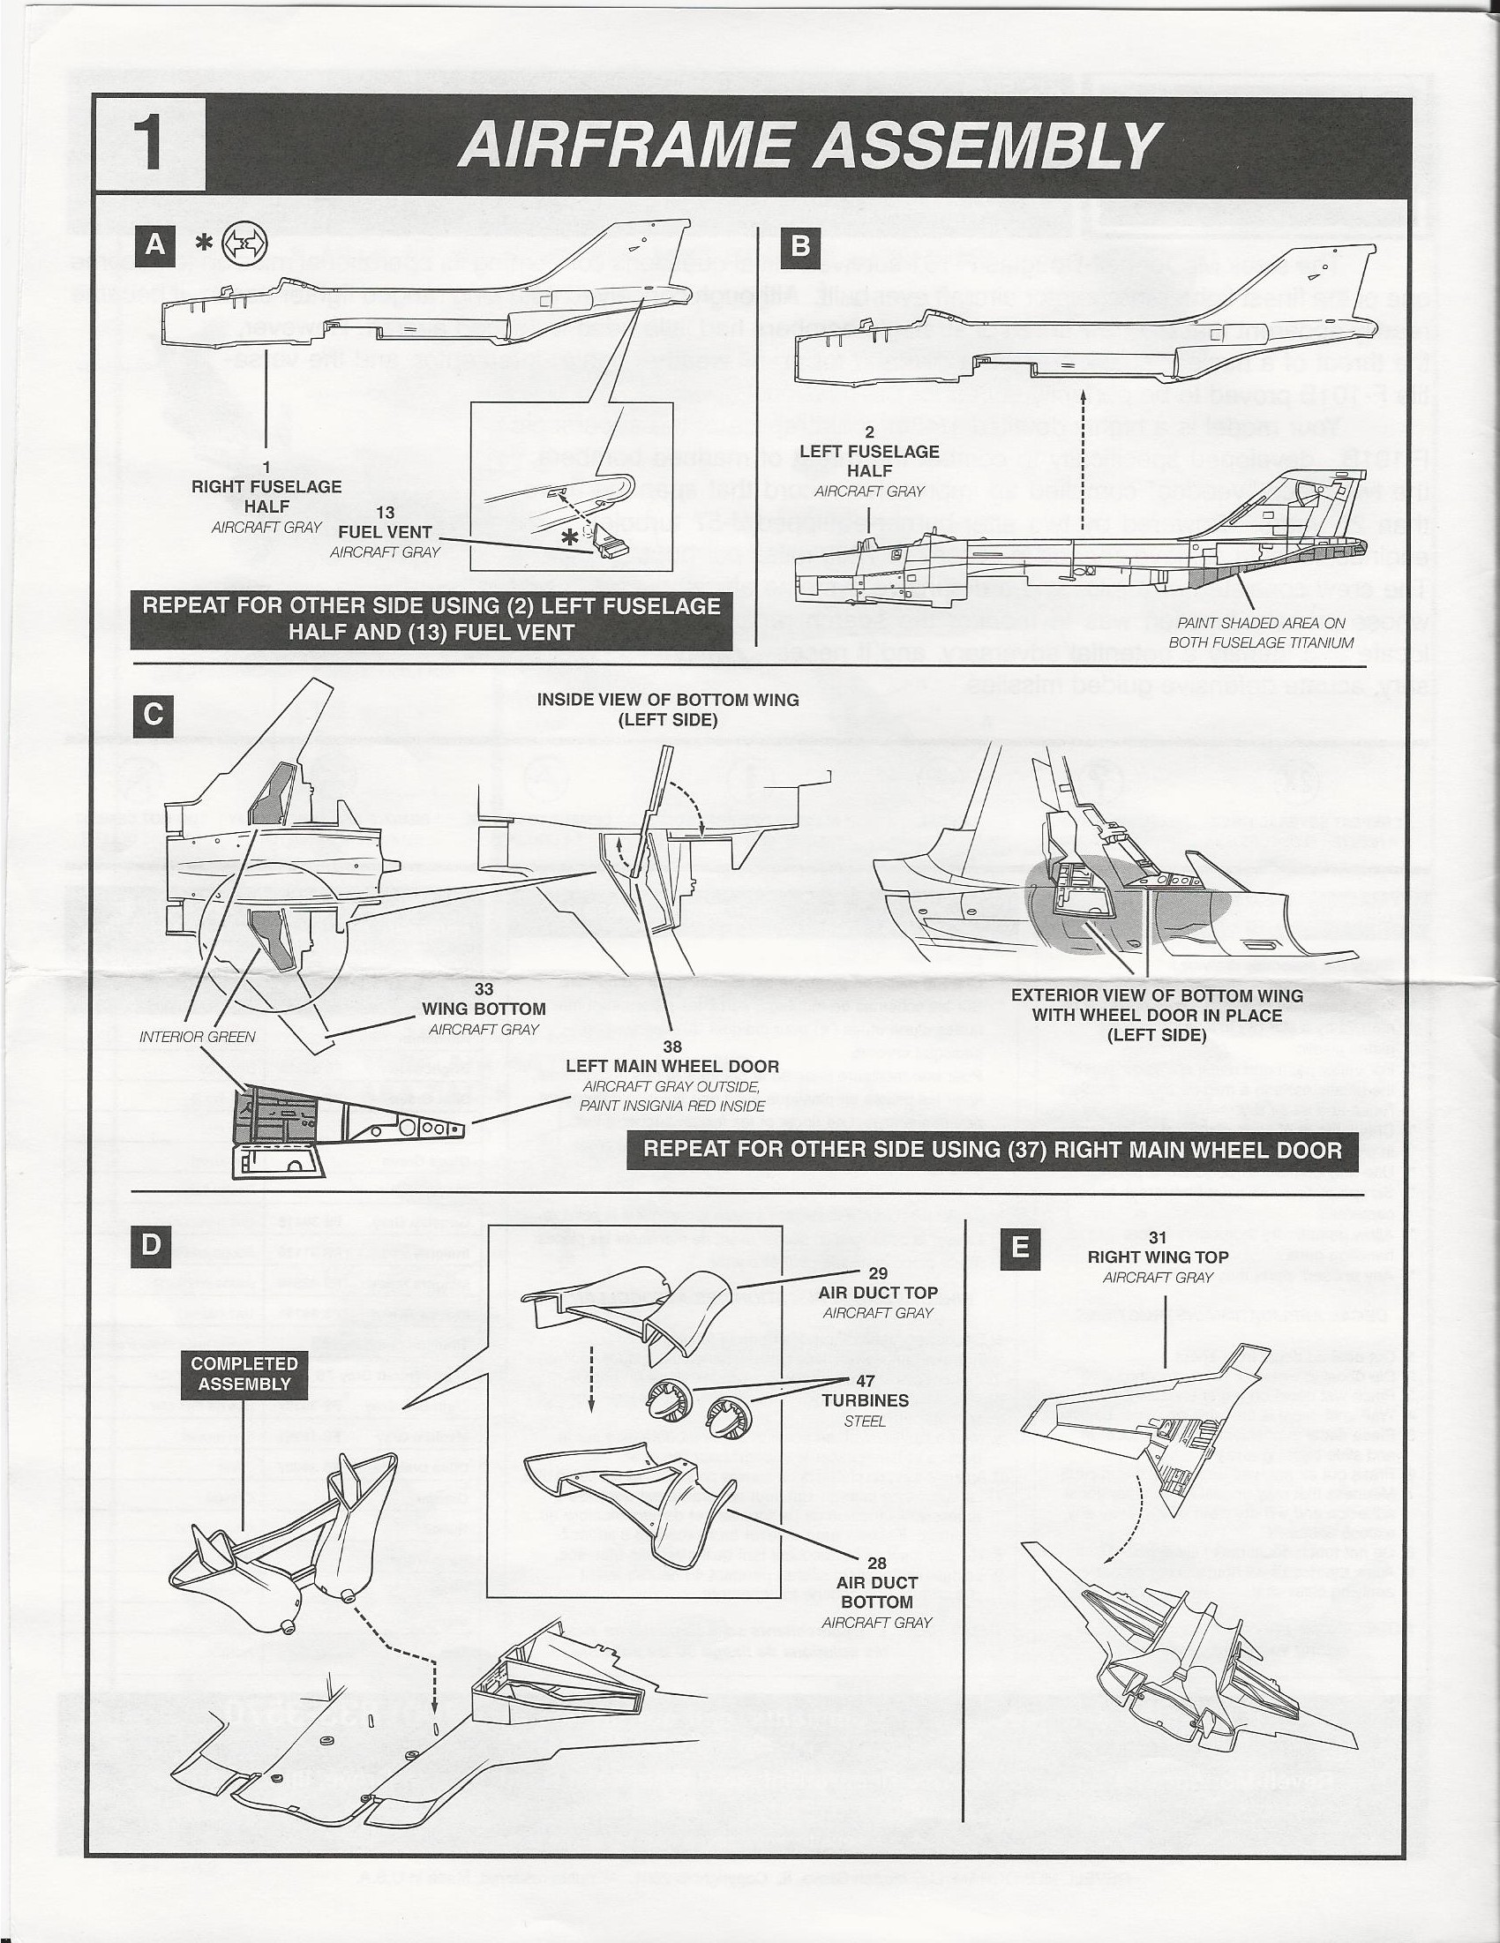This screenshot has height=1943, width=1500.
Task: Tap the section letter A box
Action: click(x=154, y=244)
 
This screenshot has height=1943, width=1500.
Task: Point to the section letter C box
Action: click(x=153, y=715)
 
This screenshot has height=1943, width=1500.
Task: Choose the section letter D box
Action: click(x=151, y=1245)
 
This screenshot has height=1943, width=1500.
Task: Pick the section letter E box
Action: click(x=1020, y=1248)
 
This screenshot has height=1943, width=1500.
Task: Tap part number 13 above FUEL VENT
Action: click(x=385, y=514)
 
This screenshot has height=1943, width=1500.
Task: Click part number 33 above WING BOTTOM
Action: click(x=484, y=988)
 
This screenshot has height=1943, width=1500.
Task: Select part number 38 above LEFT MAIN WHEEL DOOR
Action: click(x=671, y=1047)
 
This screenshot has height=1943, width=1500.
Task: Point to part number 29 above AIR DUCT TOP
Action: click(x=877, y=1273)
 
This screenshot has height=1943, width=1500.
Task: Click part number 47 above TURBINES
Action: click(x=865, y=1381)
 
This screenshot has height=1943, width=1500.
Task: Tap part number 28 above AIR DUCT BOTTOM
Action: click(x=876, y=1563)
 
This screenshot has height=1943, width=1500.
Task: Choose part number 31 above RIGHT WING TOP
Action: click(x=1157, y=1237)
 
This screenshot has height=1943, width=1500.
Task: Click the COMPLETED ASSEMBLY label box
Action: click(x=244, y=1374)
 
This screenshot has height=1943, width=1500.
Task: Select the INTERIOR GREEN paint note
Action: click(x=198, y=1037)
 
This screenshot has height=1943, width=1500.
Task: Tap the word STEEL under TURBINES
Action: click(x=865, y=1421)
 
